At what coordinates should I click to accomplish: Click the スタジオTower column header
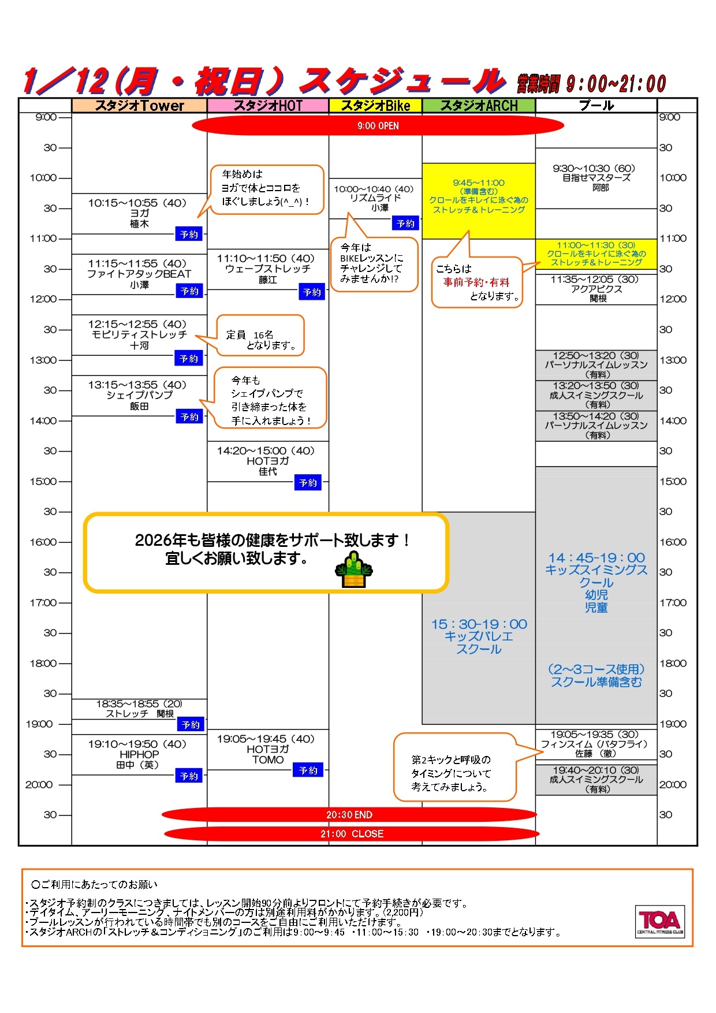(x=139, y=106)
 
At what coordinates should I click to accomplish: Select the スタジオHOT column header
(x=268, y=106)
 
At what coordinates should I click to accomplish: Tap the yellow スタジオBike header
(x=375, y=106)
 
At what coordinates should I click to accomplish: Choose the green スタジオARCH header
(x=479, y=106)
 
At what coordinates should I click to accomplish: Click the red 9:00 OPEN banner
(x=378, y=126)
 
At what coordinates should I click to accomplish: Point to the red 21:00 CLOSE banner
(x=352, y=834)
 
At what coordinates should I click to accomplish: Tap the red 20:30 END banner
(x=349, y=815)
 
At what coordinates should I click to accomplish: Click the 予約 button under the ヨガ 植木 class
(x=189, y=234)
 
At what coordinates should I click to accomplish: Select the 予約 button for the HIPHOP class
(x=189, y=776)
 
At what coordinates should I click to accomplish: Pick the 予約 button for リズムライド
(x=405, y=223)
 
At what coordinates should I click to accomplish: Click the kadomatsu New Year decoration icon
(x=353, y=570)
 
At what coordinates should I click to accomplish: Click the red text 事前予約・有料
(x=476, y=282)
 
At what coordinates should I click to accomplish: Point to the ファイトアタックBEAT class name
(x=139, y=274)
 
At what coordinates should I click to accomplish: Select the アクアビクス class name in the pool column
(x=596, y=289)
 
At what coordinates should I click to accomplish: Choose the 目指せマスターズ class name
(x=596, y=178)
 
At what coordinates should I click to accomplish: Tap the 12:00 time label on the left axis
(x=43, y=299)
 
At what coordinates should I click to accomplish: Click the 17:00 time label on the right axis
(x=673, y=603)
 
